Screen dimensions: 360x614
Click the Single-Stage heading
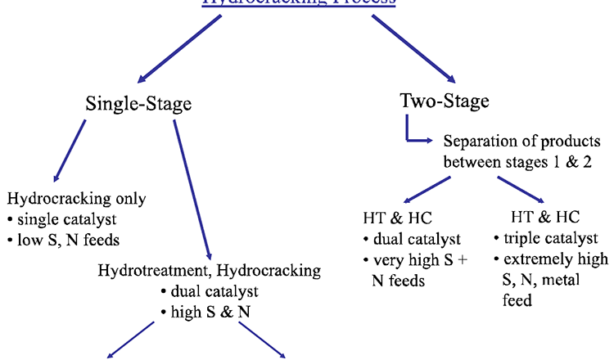tap(138, 105)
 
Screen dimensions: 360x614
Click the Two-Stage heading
tap(445, 101)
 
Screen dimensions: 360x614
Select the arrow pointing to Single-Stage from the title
tap(179, 49)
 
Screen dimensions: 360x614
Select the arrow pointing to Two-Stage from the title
tap(413, 49)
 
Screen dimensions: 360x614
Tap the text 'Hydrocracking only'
tap(76, 199)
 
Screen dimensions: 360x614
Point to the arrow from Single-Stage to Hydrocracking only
tap(69, 151)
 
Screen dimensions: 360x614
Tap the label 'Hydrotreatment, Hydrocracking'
tap(209, 270)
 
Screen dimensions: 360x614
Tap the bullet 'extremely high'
tap(549, 259)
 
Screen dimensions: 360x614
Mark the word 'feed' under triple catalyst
tap(515, 300)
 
